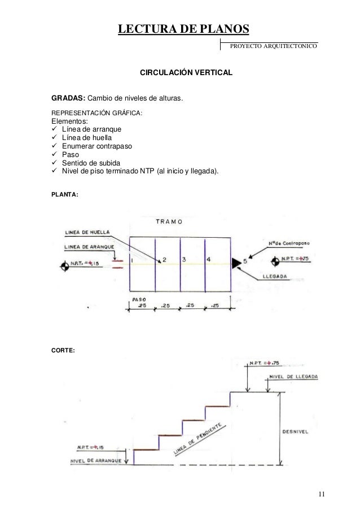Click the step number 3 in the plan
[184, 259]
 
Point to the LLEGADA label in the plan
[276, 277]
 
